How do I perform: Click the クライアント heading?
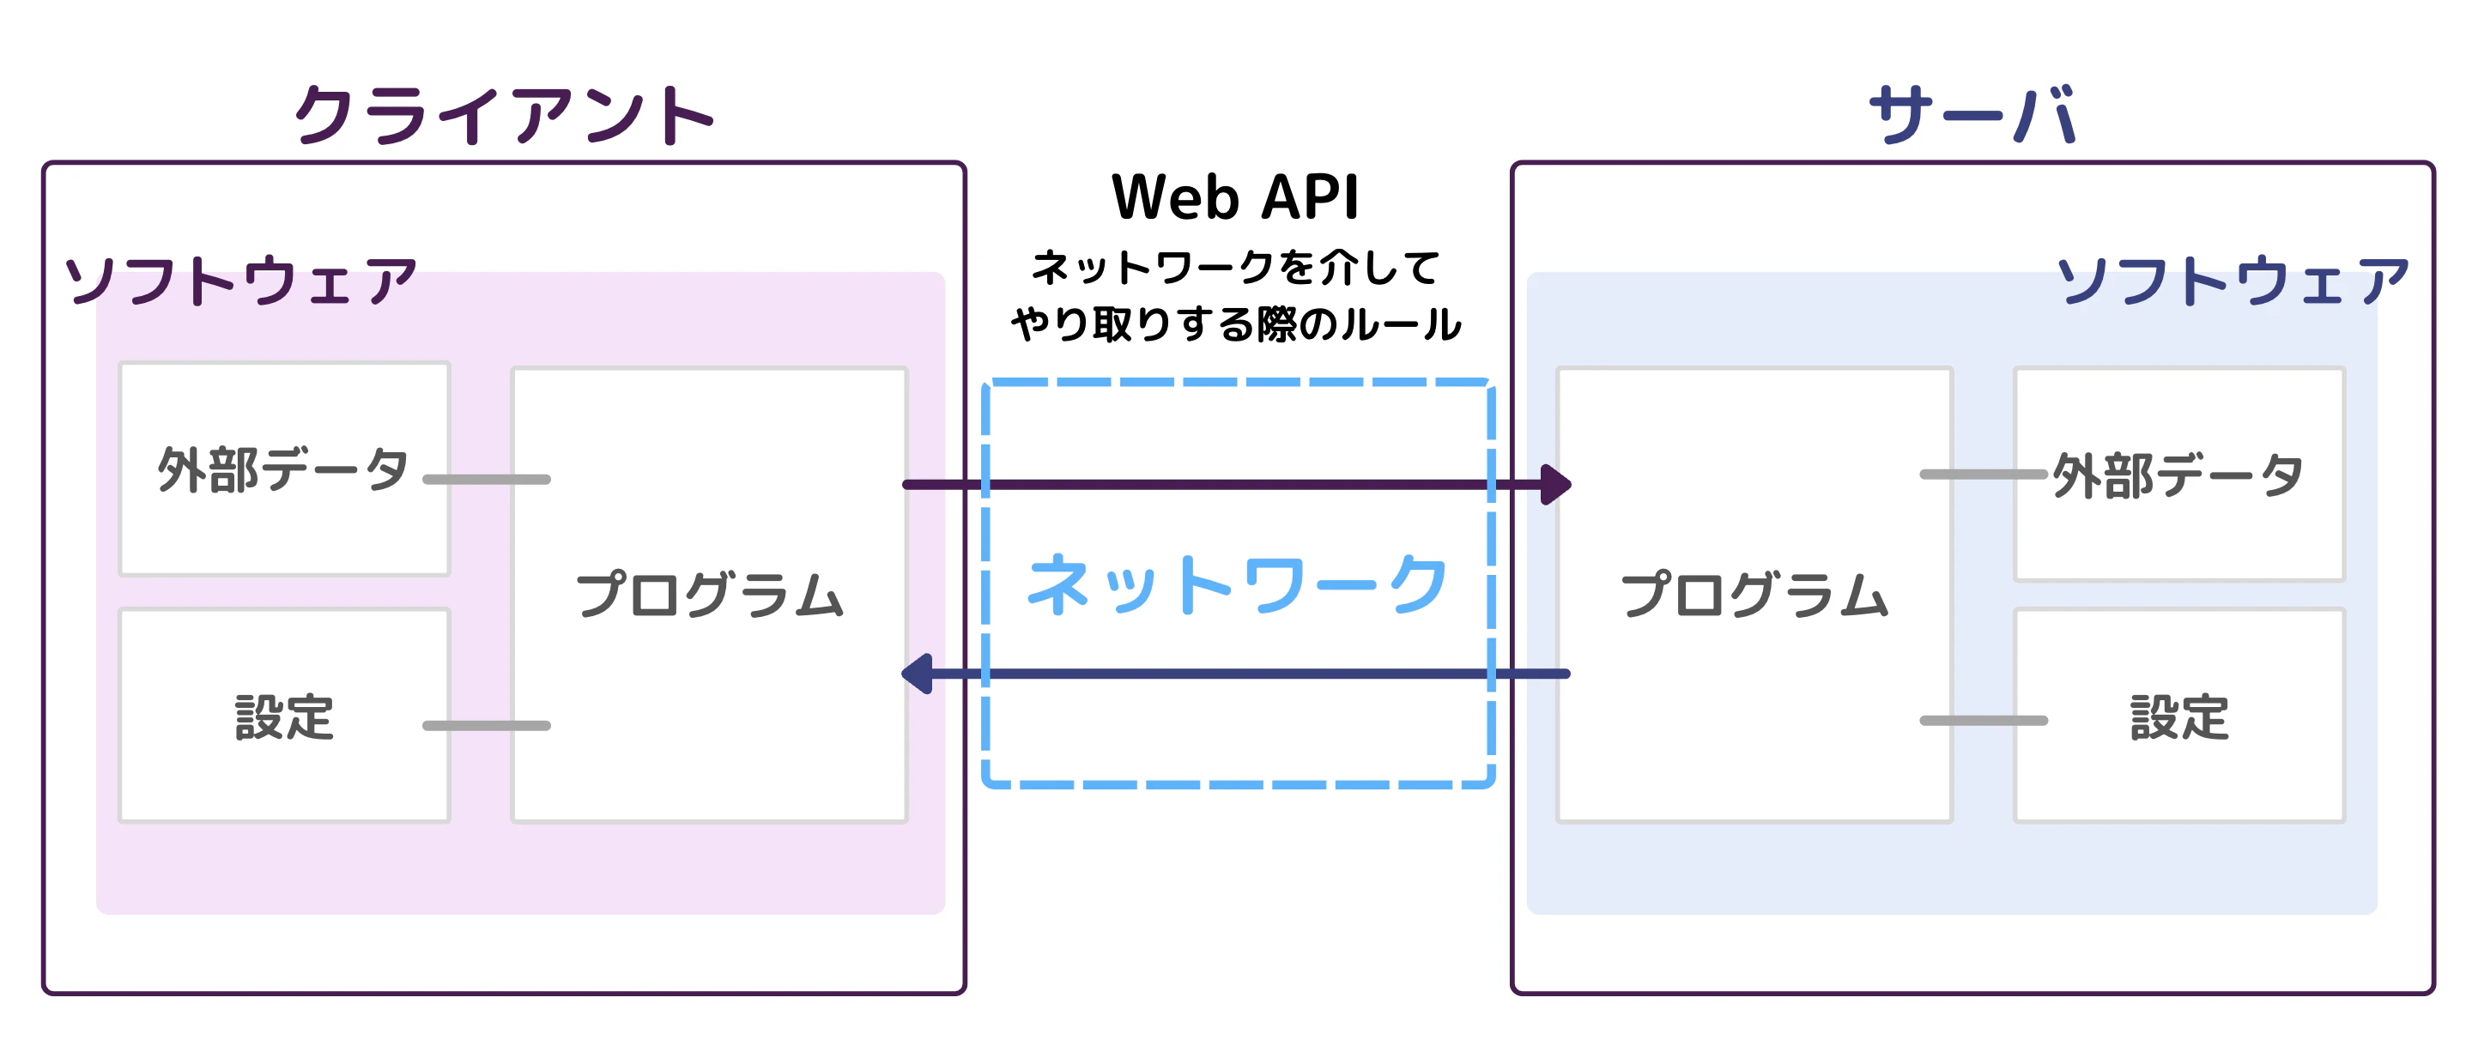pyautogui.click(x=504, y=115)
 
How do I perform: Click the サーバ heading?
pyautogui.click(x=1973, y=115)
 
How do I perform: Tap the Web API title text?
pyautogui.click(x=1235, y=197)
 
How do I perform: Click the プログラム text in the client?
pyautogui.click(x=709, y=595)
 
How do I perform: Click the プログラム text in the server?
pyautogui.click(x=1754, y=595)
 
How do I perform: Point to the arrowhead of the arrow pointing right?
pyautogui.click(x=1555, y=485)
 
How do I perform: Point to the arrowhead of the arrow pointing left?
pyautogui.click(x=918, y=674)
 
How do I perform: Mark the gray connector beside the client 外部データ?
pyautogui.click(x=487, y=479)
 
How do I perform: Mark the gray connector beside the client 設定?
pyautogui.click(x=487, y=725)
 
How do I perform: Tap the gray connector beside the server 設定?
pyautogui.click(x=1983, y=720)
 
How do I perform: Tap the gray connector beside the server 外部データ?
pyautogui.click(x=1983, y=474)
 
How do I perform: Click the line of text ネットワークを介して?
pyautogui.click(x=1235, y=268)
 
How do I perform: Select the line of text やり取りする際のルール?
pyautogui.click(x=1235, y=324)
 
